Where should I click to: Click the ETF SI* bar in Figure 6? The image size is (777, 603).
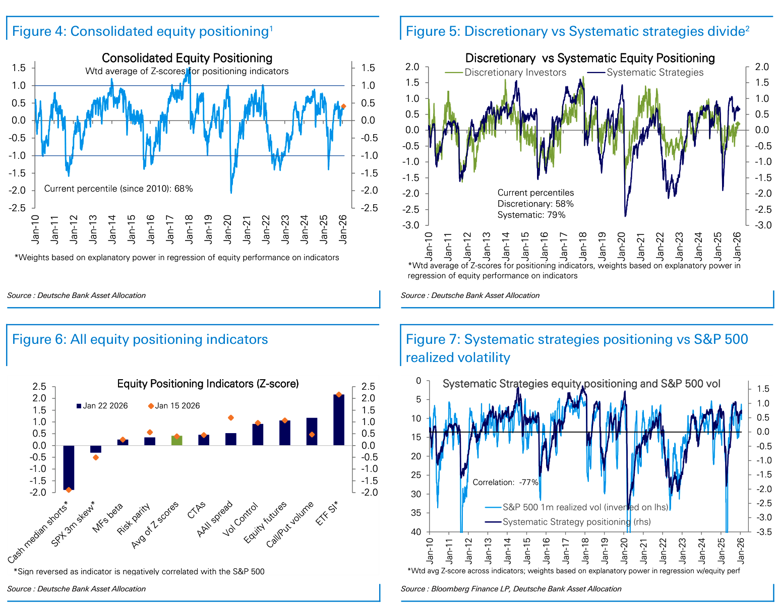coord(338,419)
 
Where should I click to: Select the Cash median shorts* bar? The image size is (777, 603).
coord(69,467)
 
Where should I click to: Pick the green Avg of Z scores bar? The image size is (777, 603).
coord(176,441)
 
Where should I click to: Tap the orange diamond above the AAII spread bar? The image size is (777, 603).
coord(231,417)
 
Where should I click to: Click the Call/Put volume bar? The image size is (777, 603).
coord(312,432)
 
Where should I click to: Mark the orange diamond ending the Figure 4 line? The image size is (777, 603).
coord(343,106)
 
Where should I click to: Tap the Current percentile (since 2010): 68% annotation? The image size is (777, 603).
coord(118,189)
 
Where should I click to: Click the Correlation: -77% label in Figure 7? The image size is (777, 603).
coord(505,483)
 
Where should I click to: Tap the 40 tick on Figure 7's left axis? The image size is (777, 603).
coord(416,532)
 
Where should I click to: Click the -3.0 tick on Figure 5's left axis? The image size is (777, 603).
coord(410,225)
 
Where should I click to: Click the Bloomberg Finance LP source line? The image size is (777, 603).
coord(511,589)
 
